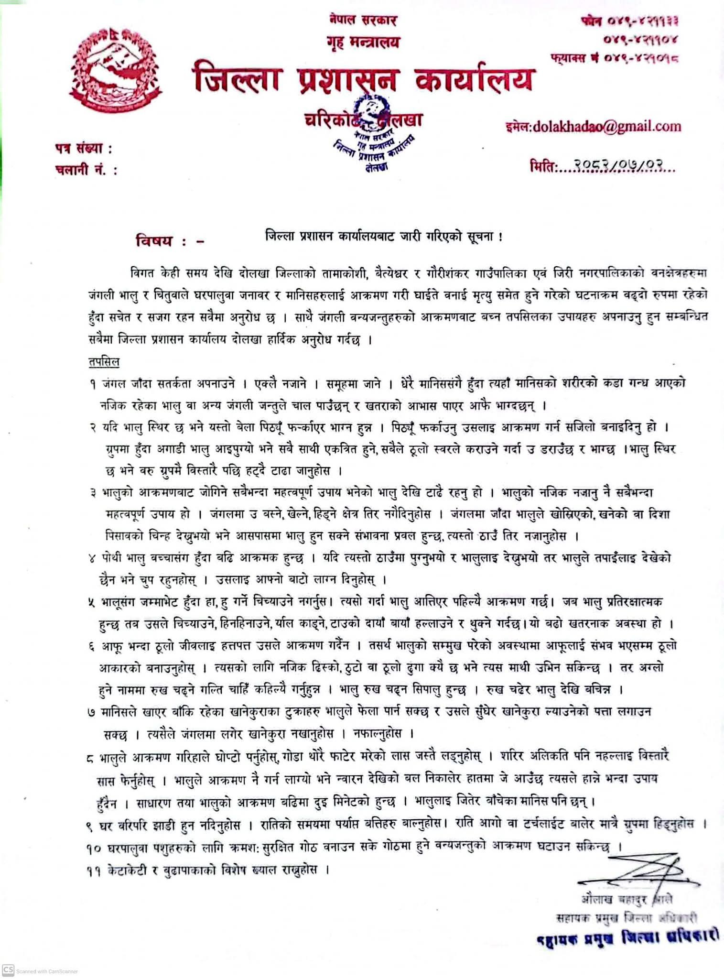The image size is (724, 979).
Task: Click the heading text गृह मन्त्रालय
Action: pyautogui.click(x=361, y=43)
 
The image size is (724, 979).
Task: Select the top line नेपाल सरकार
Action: pyautogui.click(x=363, y=21)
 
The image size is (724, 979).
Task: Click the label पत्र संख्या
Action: pyautogui.click(x=82, y=149)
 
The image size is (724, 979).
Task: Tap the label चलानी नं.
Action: pyautogui.click(x=86, y=169)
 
